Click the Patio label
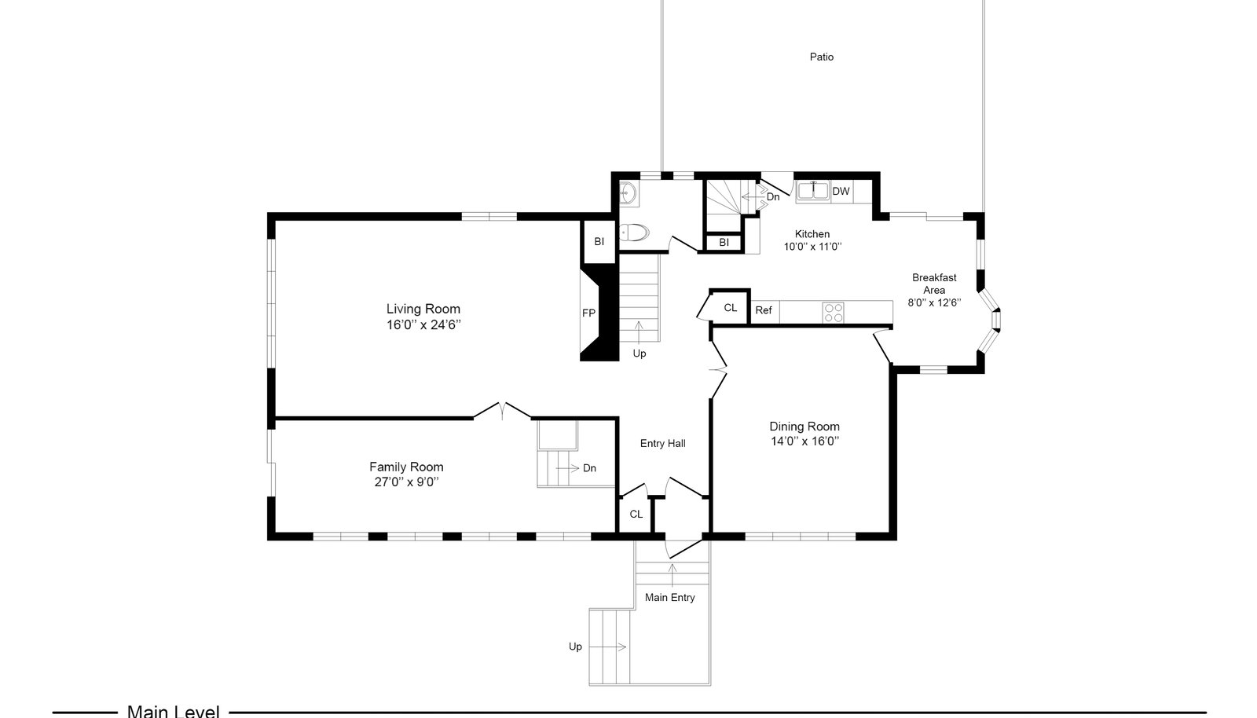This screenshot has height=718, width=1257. pyautogui.click(x=822, y=57)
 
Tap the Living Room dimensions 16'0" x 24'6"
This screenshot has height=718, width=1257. pyautogui.click(x=423, y=324)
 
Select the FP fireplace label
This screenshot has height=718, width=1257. pyautogui.click(x=588, y=313)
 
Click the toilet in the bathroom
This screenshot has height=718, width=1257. pyautogui.click(x=634, y=232)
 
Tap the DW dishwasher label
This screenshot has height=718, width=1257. pyautogui.click(x=841, y=191)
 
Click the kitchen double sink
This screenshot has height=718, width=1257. pyautogui.click(x=813, y=191)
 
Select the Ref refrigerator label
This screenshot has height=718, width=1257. pyautogui.click(x=763, y=310)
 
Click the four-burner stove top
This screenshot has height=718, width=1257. pyautogui.click(x=833, y=313)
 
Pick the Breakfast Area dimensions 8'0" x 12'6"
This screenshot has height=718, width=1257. pyautogui.click(x=934, y=303)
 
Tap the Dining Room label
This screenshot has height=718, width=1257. pyautogui.click(x=804, y=427)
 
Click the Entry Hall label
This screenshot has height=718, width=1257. pyautogui.click(x=663, y=444)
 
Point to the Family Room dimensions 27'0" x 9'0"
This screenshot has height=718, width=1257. pyautogui.click(x=406, y=482)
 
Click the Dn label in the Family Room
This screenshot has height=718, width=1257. pyautogui.click(x=589, y=468)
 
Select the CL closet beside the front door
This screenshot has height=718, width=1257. pyautogui.click(x=636, y=515)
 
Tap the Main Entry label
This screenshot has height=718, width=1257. pyautogui.click(x=669, y=598)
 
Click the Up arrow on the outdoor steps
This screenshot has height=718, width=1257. pyautogui.click(x=607, y=647)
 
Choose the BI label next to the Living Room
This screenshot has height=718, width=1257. pyautogui.click(x=599, y=242)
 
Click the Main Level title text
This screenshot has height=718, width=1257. pyautogui.click(x=174, y=711)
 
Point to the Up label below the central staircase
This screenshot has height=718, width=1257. pyautogui.click(x=639, y=354)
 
